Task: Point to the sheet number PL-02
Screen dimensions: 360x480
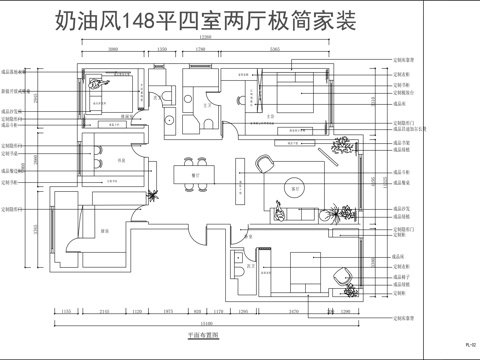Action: tap(468, 345)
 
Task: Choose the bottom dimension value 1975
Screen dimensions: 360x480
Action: tap(168, 311)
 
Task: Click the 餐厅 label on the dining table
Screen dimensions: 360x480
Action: tap(197, 175)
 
